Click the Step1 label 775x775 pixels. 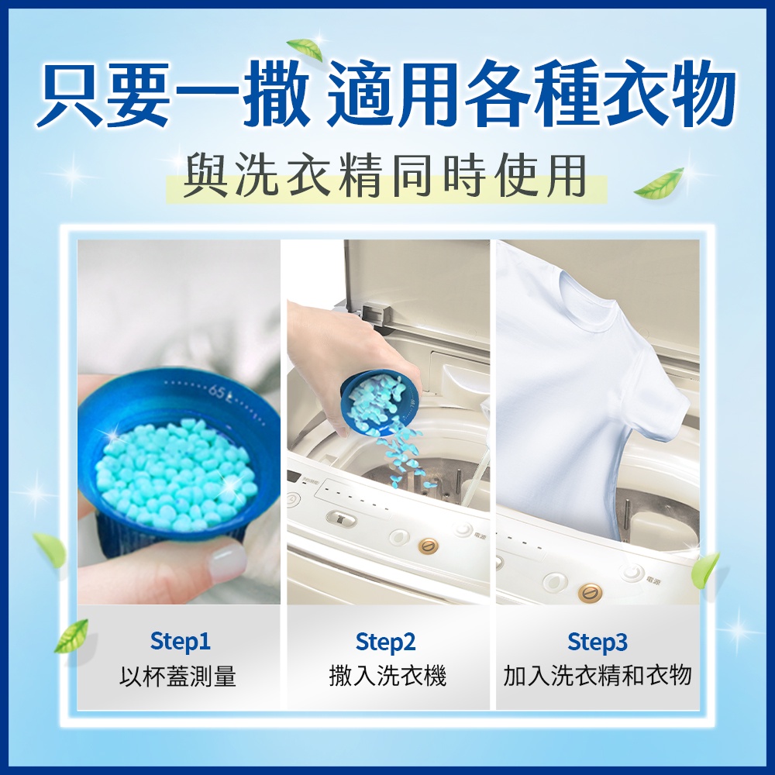(181, 642)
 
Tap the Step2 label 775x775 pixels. (385, 642)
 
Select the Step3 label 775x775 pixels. (597, 642)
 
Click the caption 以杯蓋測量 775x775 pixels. (178, 676)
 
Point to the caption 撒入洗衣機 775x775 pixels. (387, 676)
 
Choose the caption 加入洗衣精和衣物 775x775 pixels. (597, 676)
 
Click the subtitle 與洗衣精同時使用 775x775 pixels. (385, 175)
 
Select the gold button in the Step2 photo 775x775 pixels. (428, 546)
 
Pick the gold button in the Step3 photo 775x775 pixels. (590, 591)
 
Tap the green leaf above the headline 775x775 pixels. (305, 49)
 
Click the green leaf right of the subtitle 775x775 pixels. (659, 183)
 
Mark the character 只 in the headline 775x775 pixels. (70, 92)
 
